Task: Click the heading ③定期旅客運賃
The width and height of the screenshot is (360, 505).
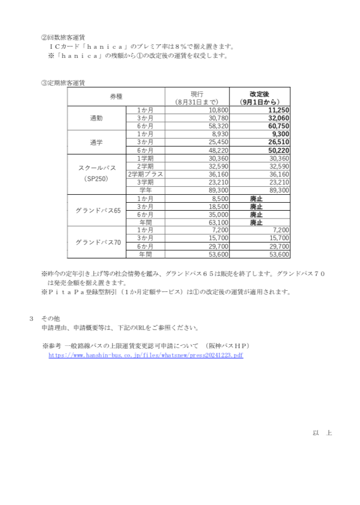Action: [62, 82]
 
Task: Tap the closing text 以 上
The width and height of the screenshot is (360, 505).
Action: [322, 433]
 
